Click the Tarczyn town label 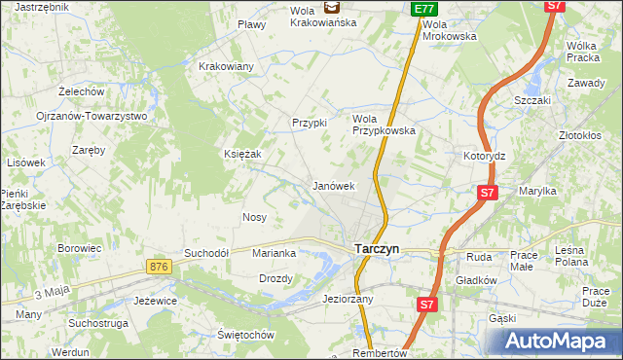click(375, 248)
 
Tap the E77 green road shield click(422, 9)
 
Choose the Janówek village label click(332, 185)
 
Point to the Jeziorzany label click(348, 299)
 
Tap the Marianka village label click(274, 253)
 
